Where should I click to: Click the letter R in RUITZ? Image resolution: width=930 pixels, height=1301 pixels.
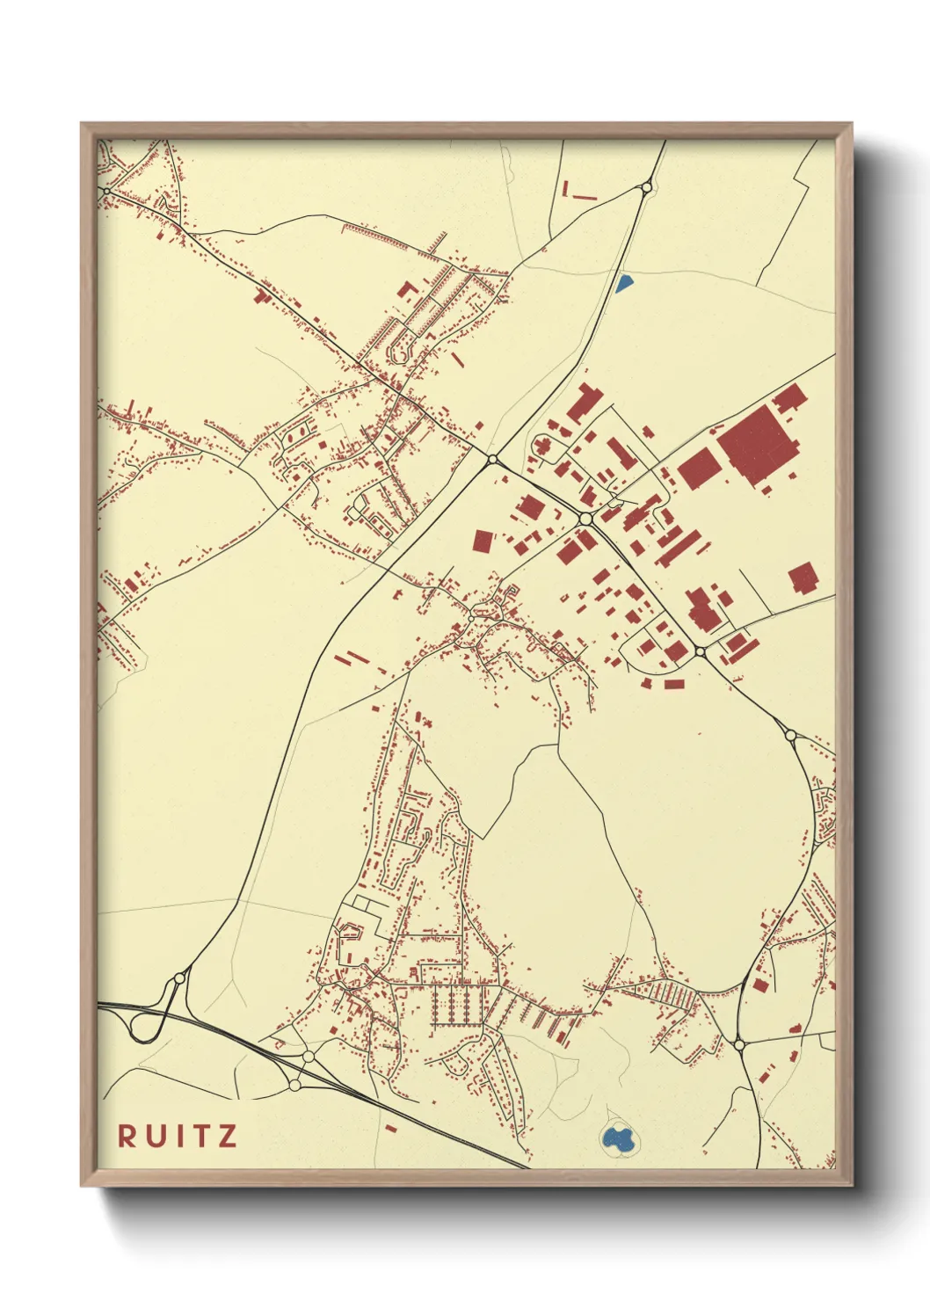coord(127,1136)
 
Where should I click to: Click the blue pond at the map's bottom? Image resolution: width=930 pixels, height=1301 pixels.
coord(619,1140)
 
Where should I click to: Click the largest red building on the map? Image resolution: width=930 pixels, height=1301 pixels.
coord(758,445)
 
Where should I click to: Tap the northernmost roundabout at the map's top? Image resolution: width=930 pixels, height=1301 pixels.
coord(647,186)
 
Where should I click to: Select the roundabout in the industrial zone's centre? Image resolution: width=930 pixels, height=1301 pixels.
coord(585,520)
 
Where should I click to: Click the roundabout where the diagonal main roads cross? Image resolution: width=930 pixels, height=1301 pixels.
coord(492,459)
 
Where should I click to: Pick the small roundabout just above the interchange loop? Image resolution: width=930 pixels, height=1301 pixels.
coord(180,977)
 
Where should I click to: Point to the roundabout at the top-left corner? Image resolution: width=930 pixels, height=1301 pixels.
coord(107,190)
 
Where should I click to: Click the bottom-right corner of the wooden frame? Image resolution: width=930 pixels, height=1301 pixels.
coord(851,1185)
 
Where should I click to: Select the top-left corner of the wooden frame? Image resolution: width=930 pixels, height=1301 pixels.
coord(82,124)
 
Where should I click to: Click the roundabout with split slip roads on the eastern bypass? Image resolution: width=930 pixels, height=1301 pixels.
coord(789,735)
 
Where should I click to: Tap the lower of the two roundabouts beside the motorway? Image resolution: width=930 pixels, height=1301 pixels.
coord(294,1085)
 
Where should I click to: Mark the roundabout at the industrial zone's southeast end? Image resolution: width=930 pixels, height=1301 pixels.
coord(700,651)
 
